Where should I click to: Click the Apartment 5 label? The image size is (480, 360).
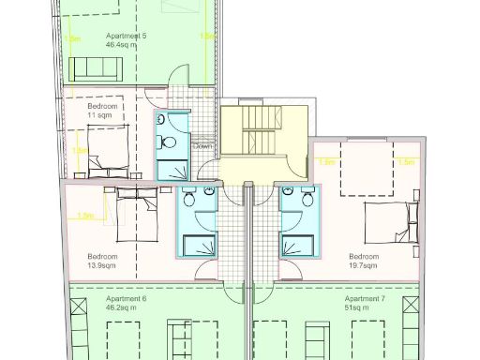pos(127,36)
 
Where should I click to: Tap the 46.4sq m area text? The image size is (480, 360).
pos(122,44)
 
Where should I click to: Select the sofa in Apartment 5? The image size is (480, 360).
pos(97,67)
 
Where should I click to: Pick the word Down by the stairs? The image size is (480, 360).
pos(202,146)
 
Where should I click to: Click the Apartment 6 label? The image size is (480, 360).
pos(127,298)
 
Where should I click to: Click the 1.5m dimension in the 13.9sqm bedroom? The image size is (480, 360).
pos(85,217)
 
